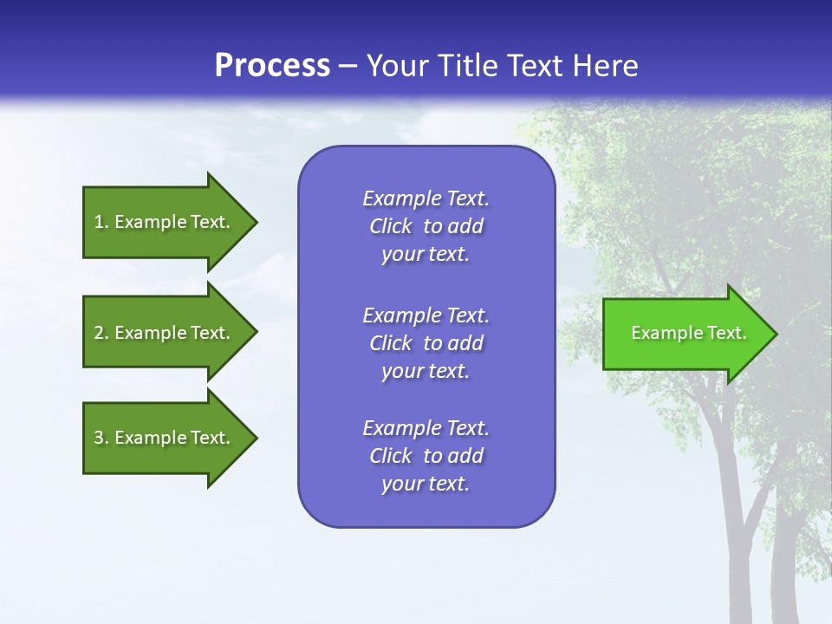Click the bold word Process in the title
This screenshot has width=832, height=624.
[272, 66]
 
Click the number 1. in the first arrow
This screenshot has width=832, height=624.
[101, 222]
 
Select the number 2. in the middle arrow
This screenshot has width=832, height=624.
[101, 333]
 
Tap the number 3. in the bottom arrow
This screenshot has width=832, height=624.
[101, 438]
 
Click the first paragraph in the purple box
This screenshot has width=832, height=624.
[426, 226]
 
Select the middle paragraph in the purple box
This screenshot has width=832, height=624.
[426, 343]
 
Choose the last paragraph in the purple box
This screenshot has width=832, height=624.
[426, 456]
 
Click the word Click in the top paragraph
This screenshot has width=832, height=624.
[390, 226]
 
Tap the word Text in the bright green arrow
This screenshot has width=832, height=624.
[726, 333]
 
